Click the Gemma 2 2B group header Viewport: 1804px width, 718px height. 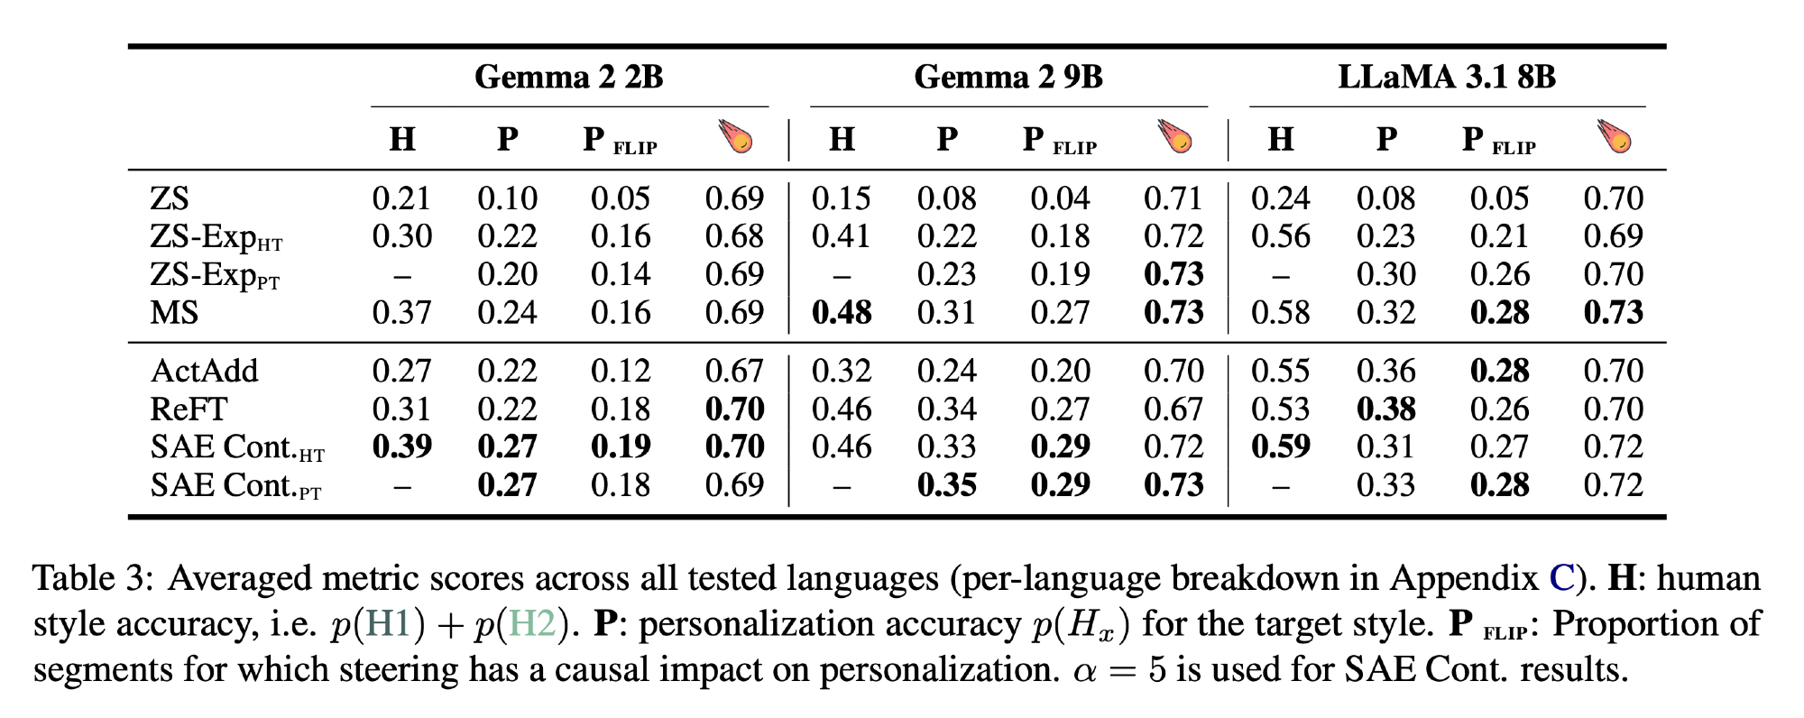569,77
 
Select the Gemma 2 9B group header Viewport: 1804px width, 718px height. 1008,77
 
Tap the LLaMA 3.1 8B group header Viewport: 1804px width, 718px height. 1447,77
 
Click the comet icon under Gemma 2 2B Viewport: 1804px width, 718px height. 736,137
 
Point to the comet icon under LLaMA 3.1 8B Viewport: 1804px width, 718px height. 1615,137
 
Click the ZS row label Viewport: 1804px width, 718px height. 170,198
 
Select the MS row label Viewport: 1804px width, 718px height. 174,313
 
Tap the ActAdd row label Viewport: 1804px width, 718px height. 205,371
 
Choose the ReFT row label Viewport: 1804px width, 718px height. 189,410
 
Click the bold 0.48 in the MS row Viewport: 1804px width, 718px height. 842,313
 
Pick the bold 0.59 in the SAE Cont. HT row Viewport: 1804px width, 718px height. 1281,447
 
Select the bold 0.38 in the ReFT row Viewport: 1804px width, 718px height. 1386,410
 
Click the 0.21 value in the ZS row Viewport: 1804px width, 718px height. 402,198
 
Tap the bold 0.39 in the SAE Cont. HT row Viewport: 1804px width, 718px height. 402,447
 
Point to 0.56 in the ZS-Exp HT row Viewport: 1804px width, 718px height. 1281,236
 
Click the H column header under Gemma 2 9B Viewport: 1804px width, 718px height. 842,139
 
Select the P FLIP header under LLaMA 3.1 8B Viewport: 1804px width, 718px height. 1499,141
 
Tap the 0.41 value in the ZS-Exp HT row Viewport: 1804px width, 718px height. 842,236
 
